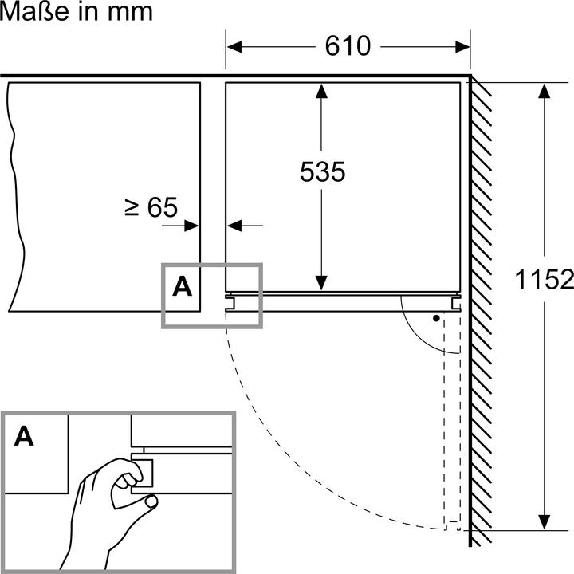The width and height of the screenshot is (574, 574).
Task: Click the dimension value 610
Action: pyautogui.click(x=348, y=46)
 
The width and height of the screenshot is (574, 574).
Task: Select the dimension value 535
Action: pyautogui.click(x=322, y=171)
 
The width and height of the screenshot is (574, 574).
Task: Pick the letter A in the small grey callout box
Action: pyautogui.click(x=183, y=286)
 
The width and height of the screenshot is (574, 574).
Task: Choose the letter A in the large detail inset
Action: pyautogui.click(x=25, y=436)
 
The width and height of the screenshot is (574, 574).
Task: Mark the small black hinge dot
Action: pyautogui.click(x=436, y=318)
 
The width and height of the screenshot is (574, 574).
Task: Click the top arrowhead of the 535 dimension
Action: pyautogui.click(x=321, y=89)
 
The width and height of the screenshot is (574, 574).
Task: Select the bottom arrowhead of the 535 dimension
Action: pyautogui.click(x=321, y=282)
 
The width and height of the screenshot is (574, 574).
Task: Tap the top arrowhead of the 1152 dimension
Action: pyautogui.click(x=545, y=89)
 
